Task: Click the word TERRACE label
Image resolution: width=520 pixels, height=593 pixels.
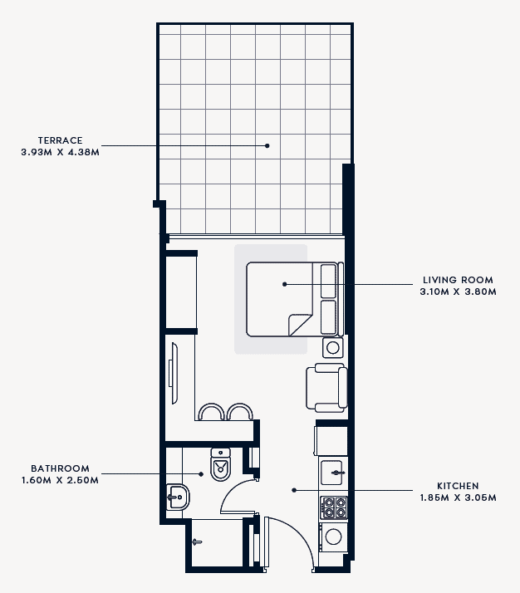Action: click(60, 140)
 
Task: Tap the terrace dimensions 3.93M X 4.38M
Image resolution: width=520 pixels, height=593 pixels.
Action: click(60, 153)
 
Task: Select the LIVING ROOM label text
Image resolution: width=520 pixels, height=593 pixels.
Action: click(458, 280)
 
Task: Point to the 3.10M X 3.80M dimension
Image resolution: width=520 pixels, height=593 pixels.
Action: click(458, 292)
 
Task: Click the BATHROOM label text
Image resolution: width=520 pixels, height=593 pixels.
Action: click(60, 468)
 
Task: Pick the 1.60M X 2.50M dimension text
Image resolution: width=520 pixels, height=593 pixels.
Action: click(60, 480)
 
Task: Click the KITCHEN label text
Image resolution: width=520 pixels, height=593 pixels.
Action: click(458, 486)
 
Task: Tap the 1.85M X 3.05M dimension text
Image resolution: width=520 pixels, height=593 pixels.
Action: click(458, 497)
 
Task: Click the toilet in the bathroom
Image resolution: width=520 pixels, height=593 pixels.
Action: click(220, 464)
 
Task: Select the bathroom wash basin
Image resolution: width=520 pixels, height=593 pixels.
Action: click(178, 497)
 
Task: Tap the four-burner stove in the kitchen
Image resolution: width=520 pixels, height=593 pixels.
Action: click(334, 507)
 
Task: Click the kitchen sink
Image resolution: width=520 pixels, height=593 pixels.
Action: click(332, 473)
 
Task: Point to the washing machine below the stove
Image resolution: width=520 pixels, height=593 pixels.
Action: click(333, 537)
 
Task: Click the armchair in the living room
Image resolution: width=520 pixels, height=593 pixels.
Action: click(326, 388)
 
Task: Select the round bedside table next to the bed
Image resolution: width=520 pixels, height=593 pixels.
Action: click(333, 347)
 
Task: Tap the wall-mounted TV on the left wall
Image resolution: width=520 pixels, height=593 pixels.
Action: click(174, 373)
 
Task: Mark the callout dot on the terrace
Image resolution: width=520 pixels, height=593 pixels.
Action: click(267, 145)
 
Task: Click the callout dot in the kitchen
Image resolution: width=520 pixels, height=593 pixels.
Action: click(294, 490)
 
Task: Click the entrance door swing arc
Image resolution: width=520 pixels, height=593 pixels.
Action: click(302, 534)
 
